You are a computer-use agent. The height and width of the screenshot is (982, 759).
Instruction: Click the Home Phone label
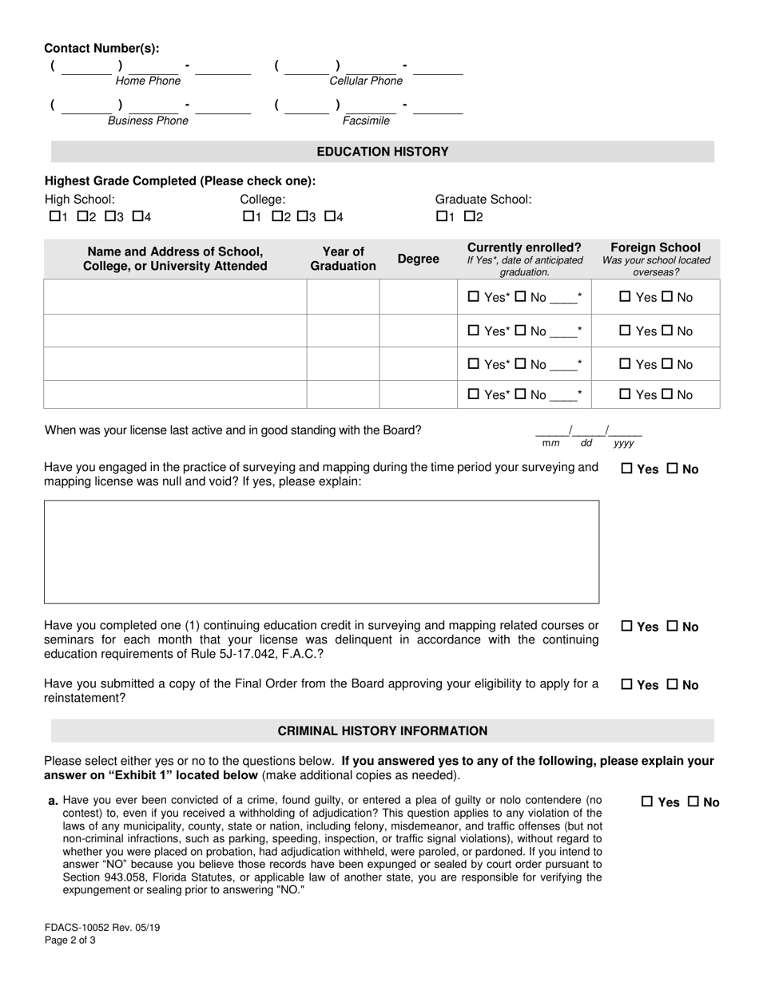click(x=148, y=81)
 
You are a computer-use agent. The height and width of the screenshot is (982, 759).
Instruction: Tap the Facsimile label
click(x=366, y=121)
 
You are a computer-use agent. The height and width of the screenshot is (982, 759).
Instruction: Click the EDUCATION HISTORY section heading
click(x=383, y=152)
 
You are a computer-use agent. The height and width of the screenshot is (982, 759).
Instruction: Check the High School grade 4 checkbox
click(x=137, y=216)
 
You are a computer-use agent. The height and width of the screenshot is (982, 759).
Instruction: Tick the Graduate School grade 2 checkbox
click(x=470, y=216)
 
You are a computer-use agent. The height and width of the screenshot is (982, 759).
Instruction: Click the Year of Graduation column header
click(x=343, y=259)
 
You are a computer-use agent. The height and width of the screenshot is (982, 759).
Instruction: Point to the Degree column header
click(x=418, y=259)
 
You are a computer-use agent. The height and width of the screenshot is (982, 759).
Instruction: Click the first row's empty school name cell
click(x=175, y=297)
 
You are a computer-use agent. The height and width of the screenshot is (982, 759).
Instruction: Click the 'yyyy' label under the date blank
click(x=623, y=443)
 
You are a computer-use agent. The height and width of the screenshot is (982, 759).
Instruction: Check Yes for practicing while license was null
click(x=627, y=469)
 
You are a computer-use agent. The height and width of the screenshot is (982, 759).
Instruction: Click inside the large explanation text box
click(x=321, y=552)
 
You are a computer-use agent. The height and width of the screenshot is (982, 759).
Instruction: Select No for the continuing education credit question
click(x=673, y=628)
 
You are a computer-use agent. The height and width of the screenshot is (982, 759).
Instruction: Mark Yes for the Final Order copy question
click(x=627, y=685)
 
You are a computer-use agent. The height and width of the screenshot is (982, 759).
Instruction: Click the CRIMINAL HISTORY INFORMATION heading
click(x=383, y=731)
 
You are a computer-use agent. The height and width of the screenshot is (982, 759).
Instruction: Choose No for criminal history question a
click(x=693, y=802)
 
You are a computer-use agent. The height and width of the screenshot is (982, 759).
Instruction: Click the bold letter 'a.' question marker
click(x=53, y=800)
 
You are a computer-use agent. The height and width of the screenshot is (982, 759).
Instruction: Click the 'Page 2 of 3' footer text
click(x=70, y=940)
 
